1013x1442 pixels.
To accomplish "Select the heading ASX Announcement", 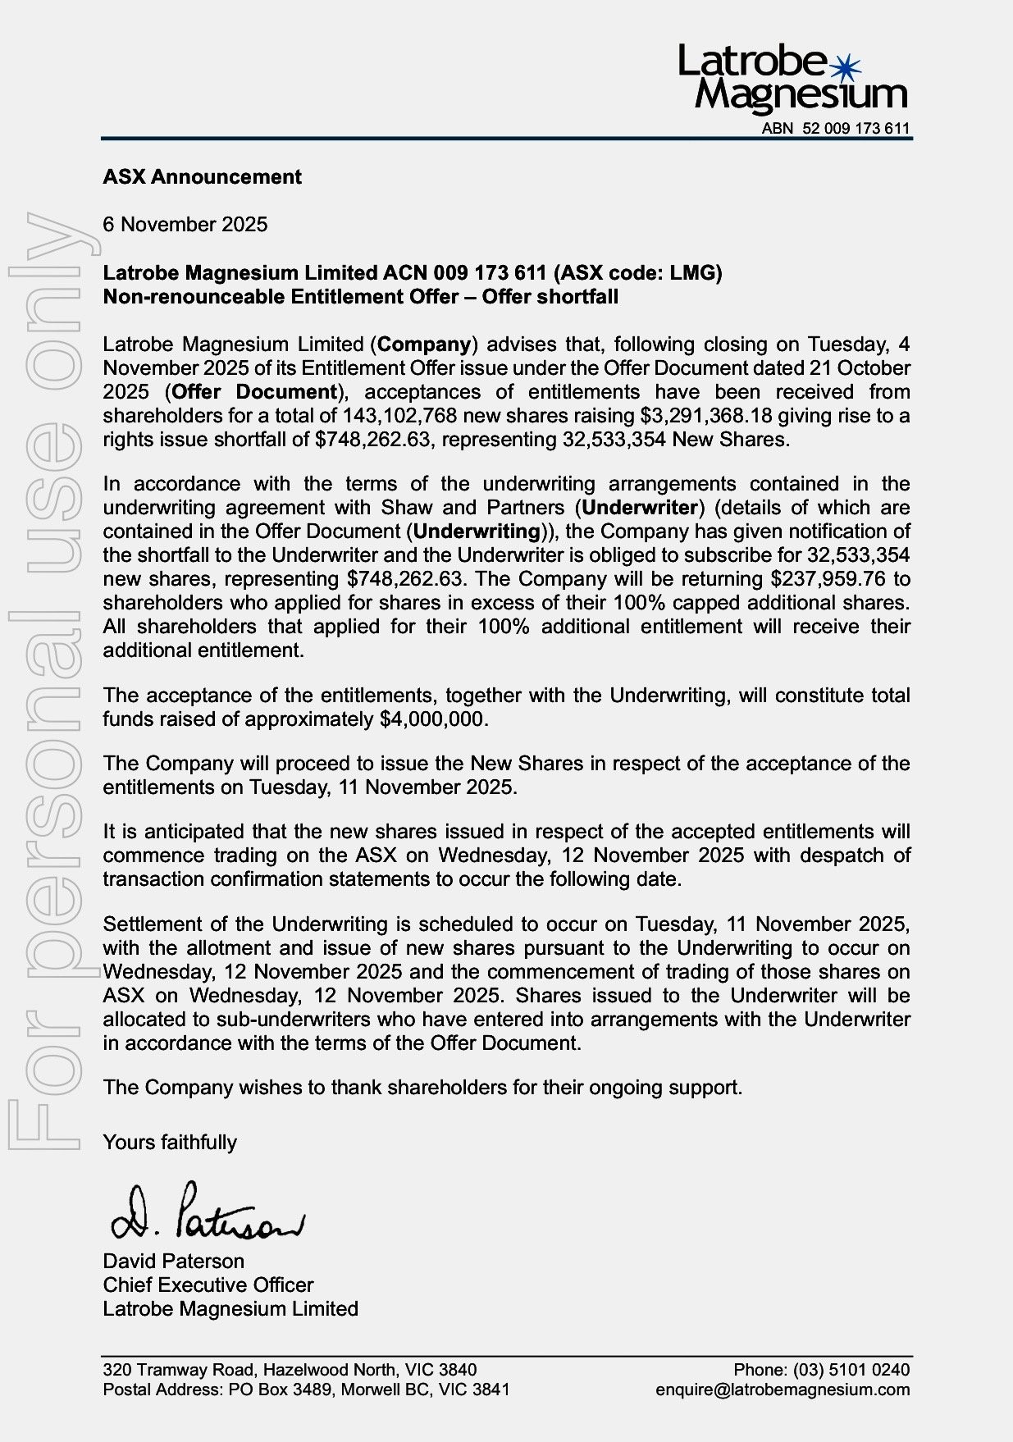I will coord(202,177).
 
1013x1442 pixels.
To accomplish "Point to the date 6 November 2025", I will coord(185,225).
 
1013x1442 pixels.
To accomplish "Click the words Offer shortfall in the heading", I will coord(550,296).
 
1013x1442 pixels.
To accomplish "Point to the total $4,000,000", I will coord(434,719).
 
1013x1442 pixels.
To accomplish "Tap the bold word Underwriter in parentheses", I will coord(640,508).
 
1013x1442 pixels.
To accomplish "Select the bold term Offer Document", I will coord(255,392).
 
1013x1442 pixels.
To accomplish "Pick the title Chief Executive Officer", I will coord(208,1285).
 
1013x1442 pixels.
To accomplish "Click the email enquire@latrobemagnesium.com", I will coord(783,1390).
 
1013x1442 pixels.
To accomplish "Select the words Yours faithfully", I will coord(170,1142).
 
